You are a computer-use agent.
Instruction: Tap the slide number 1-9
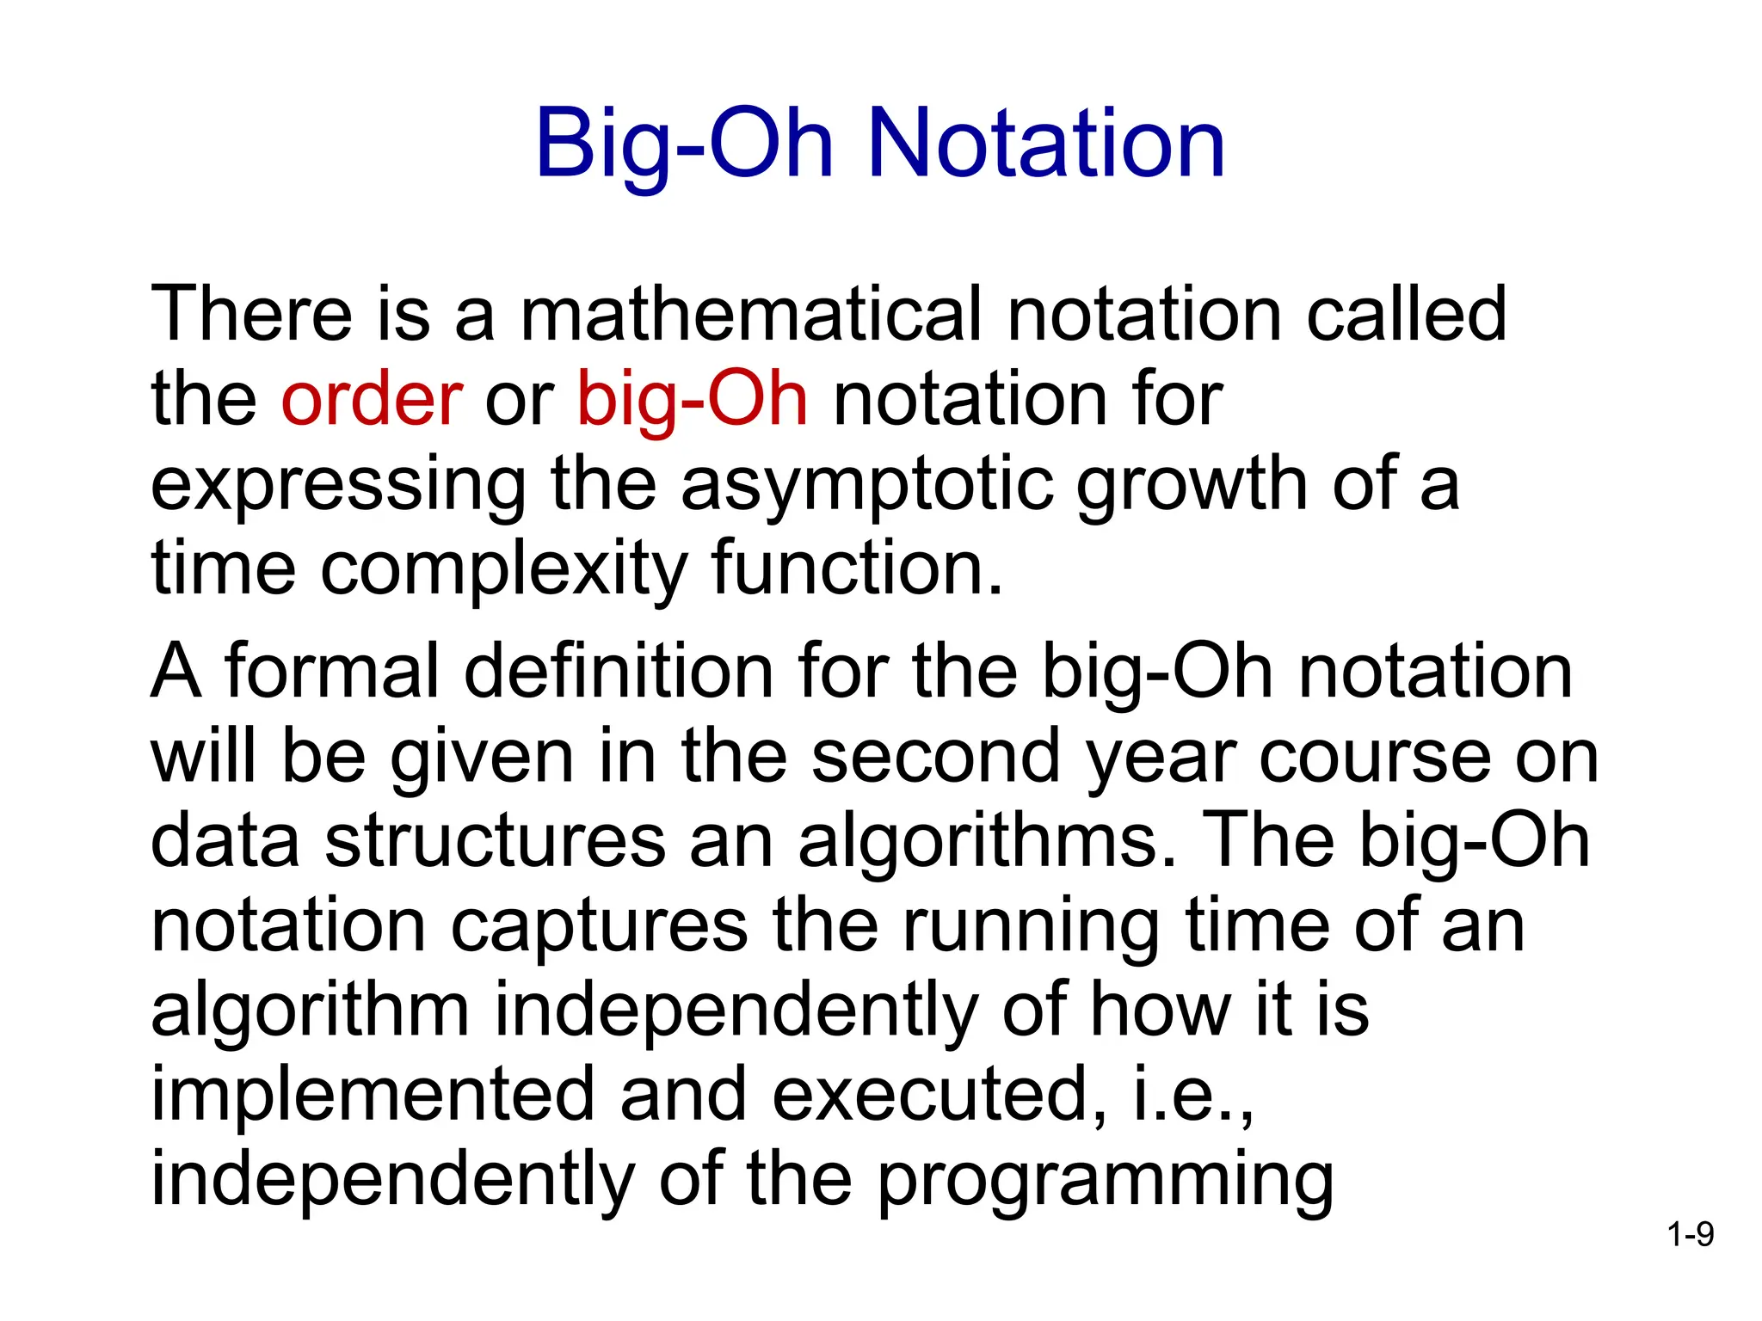1690,1236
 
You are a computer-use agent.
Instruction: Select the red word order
372,400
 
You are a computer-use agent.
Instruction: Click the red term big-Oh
693,400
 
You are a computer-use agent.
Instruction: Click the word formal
331,672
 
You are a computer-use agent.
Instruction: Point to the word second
936,757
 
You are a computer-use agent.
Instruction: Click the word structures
495,841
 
